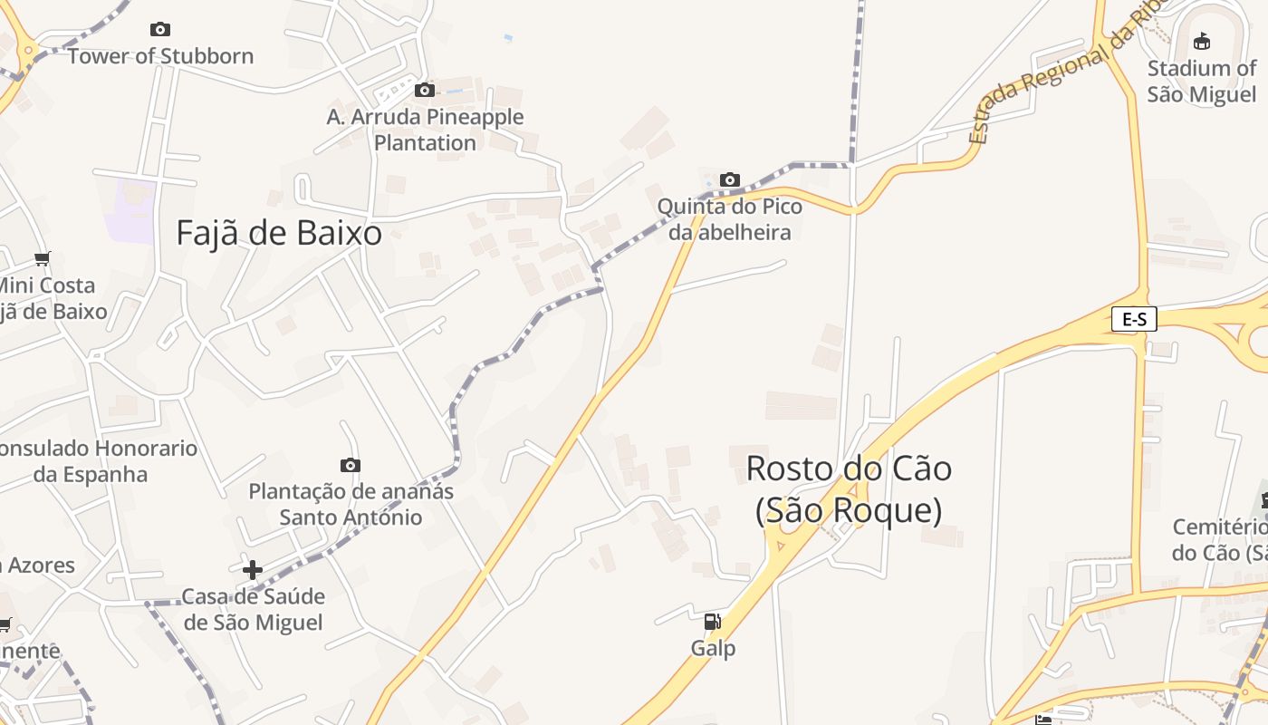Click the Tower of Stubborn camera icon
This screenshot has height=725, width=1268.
click(160, 30)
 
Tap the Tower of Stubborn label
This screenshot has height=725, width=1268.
click(160, 56)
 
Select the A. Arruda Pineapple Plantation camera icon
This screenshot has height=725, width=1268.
click(424, 90)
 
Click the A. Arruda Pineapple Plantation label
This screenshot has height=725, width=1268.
click(425, 130)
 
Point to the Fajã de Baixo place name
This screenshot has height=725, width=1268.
click(279, 233)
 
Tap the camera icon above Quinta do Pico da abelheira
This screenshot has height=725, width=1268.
click(729, 179)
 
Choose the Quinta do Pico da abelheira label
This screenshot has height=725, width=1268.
click(729, 219)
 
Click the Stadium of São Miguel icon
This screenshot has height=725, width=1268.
click(1202, 41)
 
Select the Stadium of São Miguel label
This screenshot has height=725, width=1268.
click(1202, 81)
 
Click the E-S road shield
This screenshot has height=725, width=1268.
click(1134, 319)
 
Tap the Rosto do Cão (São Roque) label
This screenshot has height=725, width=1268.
click(849, 489)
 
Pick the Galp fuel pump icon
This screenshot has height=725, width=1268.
click(713, 622)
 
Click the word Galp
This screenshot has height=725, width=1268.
click(713, 649)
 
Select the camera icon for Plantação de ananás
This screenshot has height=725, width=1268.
click(351, 465)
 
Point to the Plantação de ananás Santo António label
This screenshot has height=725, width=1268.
click(351, 504)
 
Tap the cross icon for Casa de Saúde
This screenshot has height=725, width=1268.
click(253, 570)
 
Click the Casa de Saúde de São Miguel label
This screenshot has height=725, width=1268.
click(253, 610)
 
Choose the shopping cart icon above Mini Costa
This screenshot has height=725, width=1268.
click(43, 259)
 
